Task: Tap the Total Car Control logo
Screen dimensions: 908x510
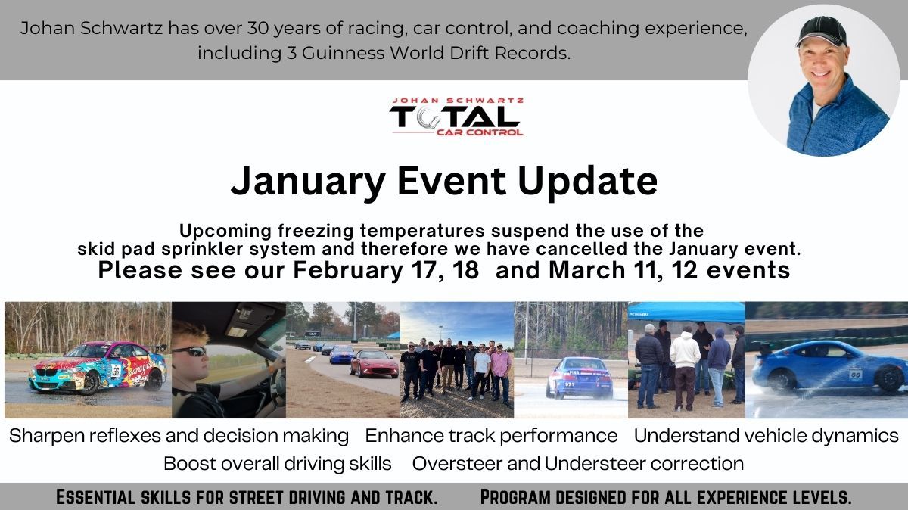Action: [x=456, y=117]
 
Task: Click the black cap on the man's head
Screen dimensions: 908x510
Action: [x=821, y=32]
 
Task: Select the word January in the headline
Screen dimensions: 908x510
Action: [x=308, y=181]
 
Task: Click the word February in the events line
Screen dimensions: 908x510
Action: [x=348, y=270]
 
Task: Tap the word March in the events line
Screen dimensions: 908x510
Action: [x=587, y=270]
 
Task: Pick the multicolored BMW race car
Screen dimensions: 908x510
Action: [x=98, y=367]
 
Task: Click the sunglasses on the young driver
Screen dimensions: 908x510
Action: [x=190, y=351]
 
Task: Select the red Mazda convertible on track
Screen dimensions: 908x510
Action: [x=374, y=363]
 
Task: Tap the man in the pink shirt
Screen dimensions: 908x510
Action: [x=501, y=373]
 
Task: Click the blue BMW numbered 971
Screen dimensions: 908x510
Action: [x=580, y=378]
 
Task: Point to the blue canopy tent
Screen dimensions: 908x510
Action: [x=686, y=313]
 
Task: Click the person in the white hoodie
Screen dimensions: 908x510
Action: [x=685, y=369]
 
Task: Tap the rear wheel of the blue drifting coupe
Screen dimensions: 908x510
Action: [x=888, y=378]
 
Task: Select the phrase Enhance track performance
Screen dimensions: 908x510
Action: [x=491, y=436]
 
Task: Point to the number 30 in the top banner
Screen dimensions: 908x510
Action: [x=258, y=28]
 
